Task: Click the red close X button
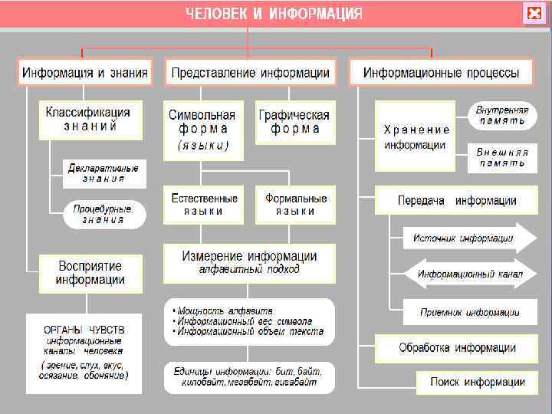click(x=533, y=14)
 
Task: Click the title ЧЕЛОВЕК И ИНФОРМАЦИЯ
click(x=274, y=14)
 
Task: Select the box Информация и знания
click(x=84, y=73)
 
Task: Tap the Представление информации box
click(x=250, y=73)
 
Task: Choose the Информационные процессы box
click(x=441, y=73)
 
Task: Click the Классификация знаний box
click(x=90, y=119)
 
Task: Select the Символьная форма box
click(x=203, y=129)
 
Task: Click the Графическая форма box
click(x=294, y=121)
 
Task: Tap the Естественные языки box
click(x=204, y=204)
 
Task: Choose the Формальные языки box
click(x=296, y=204)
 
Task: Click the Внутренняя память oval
click(x=502, y=116)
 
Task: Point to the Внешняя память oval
click(x=502, y=157)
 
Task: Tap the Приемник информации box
click(x=469, y=312)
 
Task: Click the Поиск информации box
click(x=477, y=382)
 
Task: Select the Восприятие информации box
click(x=90, y=272)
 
